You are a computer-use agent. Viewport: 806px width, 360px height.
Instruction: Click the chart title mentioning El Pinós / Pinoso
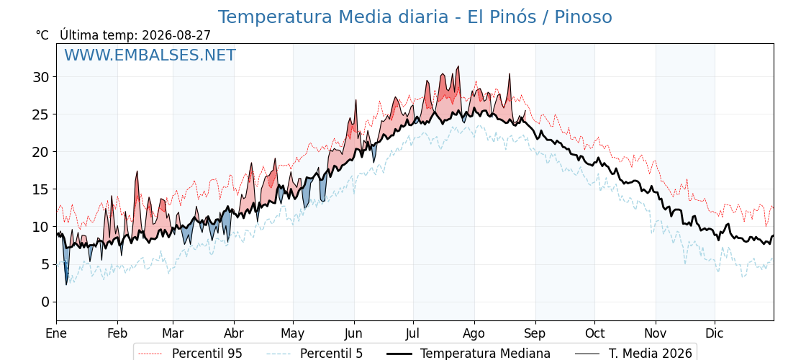[x=415, y=17]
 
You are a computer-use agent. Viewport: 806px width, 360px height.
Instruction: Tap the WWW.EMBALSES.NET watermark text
[x=150, y=55]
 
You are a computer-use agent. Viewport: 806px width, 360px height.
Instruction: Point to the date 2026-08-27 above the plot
[x=176, y=35]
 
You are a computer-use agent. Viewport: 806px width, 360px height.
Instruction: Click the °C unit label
[x=42, y=35]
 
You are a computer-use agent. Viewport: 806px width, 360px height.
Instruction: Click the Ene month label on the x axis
[x=57, y=333]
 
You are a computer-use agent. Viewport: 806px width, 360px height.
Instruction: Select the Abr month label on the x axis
[x=234, y=333]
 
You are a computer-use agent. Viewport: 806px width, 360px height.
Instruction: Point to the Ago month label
[x=474, y=334]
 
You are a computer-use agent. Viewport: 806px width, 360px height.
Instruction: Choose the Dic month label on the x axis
[x=715, y=333]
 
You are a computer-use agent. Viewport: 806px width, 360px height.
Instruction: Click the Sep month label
[x=535, y=334]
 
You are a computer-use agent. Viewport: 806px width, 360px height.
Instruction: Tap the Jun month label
[x=353, y=333]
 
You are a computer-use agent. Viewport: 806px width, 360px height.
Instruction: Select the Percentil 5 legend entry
[x=314, y=354]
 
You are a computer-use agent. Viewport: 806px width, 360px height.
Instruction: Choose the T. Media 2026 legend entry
[x=633, y=354]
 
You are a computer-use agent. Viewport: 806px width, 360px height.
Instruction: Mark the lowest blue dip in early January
[x=66, y=284]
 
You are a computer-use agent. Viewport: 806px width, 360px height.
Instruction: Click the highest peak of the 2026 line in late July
[x=458, y=66]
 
